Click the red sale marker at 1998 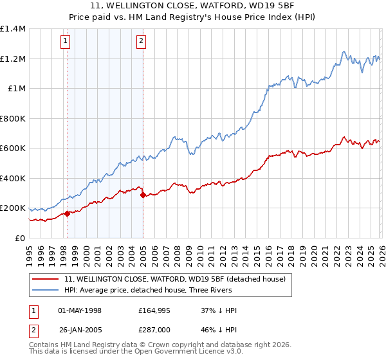[x=67, y=214]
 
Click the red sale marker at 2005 [x=143, y=195]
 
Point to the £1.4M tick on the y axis [x=12, y=29]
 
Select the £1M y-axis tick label [x=16, y=89]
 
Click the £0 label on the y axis [x=19, y=239]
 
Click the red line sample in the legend [x=46, y=279]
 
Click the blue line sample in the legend [x=46, y=291]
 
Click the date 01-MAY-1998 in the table [x=80, y=310]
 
